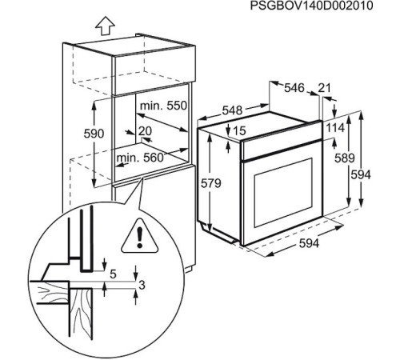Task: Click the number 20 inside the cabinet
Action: pos(145,130)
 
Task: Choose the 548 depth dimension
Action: pos(232,110)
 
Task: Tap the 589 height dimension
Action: pos(343,158)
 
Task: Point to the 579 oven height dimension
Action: pos(210,184)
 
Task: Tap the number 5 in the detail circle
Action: pos(112,274)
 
